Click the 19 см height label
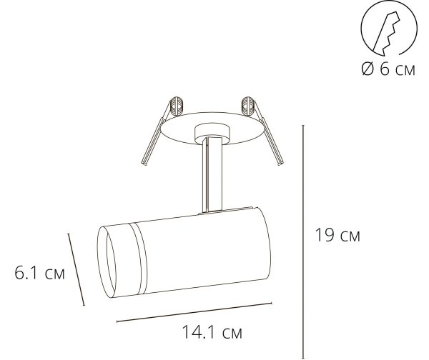click(337, 236)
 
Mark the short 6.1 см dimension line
click(77, 269)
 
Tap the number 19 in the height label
click(325, 236)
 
